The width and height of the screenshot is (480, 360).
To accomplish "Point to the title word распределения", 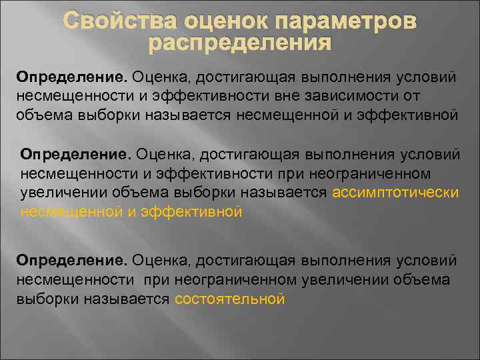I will (239, 45).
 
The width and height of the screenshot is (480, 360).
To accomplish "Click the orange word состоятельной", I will (230, 299).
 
